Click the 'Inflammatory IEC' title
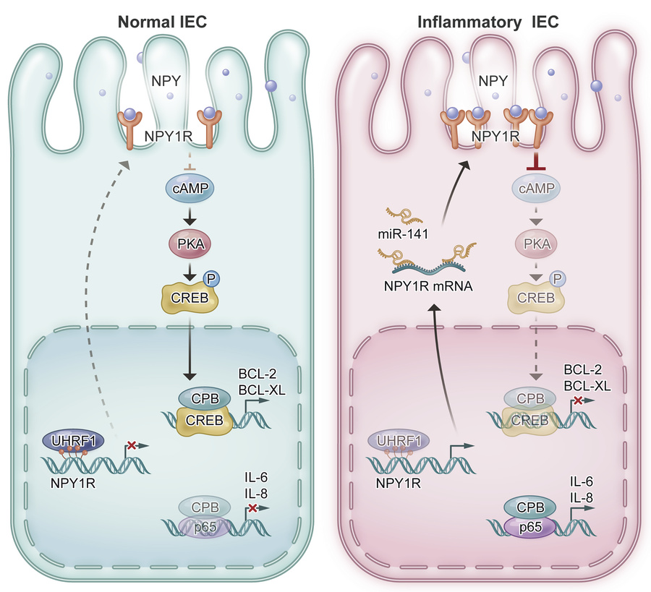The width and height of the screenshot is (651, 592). pos(488,21)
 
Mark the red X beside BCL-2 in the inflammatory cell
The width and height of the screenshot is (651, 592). pos(578,400)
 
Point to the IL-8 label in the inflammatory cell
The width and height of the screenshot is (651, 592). pos(583,497)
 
